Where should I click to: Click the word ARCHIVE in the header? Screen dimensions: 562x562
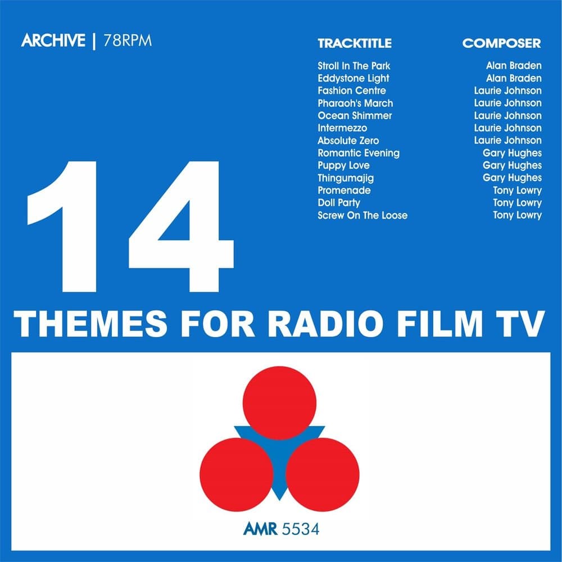tap(53, 41)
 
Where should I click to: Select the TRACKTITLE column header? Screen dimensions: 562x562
tap(354, 43)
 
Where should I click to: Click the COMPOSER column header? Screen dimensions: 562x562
tap(501, 43)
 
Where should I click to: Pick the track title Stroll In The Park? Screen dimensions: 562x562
tap(353, 66)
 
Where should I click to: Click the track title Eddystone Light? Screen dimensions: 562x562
tap(353, 78)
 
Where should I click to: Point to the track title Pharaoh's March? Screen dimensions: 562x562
tap(355, 103)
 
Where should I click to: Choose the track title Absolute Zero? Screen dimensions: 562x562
tap(348, 140)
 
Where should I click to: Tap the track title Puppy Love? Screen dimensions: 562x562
tap(343, 165)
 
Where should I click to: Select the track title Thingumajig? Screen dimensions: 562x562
tap(345, 178)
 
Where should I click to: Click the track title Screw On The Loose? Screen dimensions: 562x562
tap(362, 215)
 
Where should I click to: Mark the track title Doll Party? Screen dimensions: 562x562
tap(338, 202)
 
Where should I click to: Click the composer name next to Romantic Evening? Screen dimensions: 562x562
tap(512, 153)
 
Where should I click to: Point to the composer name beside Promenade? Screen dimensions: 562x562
tap(517, 190)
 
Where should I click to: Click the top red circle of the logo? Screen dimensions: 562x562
tap(280, 403)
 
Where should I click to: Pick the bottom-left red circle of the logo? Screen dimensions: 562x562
tap(237, 474)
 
